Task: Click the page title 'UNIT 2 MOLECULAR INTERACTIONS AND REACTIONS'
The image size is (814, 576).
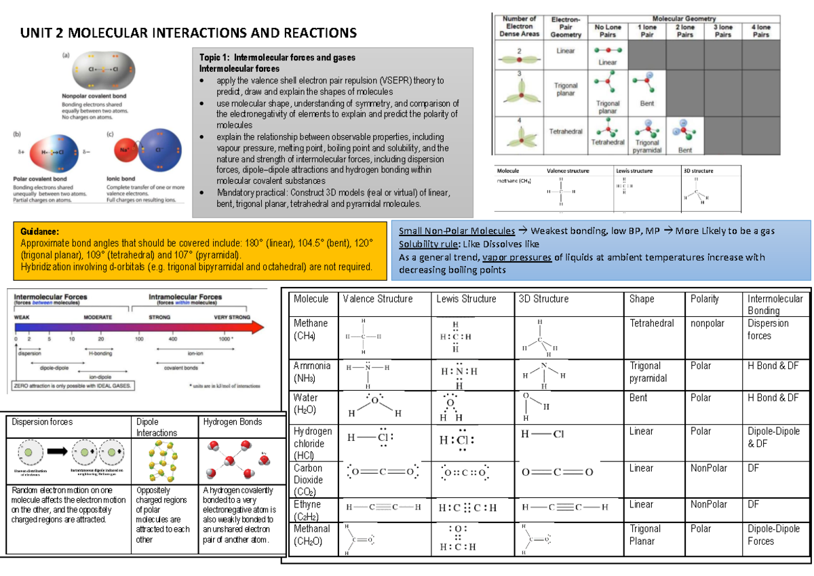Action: [189, 33]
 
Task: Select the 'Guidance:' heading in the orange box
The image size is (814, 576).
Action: [40, 231]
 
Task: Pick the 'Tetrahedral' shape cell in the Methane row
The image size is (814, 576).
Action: [651, 324]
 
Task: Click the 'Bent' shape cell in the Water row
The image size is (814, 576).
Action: [638, 398]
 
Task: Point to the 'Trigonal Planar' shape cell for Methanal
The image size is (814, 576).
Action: [645, 535]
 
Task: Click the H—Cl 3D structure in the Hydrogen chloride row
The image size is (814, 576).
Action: [543, 434]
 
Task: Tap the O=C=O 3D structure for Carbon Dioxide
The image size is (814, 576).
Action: [557, 472]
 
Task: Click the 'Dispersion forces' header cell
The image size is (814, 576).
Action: [41, 422]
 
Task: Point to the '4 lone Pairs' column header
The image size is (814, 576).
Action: [761, 31]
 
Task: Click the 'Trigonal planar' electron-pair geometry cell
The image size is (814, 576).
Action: [565, 90]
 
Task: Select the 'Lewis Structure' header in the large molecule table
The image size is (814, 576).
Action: [466, 299]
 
